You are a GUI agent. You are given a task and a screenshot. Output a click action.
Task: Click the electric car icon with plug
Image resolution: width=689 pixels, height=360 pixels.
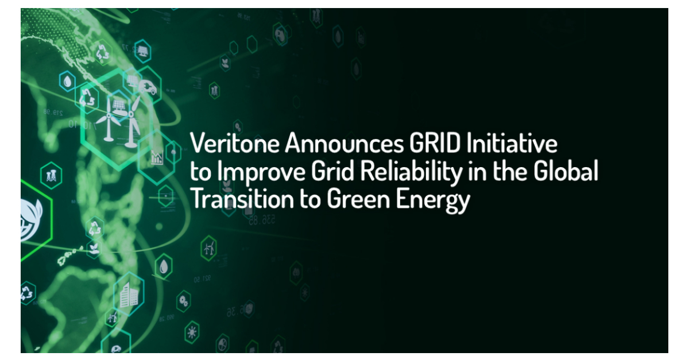click(147, 87)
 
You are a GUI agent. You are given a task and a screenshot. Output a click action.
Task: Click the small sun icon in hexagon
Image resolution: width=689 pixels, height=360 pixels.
click(191, 332)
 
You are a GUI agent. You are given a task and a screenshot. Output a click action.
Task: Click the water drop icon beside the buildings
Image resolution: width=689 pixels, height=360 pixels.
click(165, 266)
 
